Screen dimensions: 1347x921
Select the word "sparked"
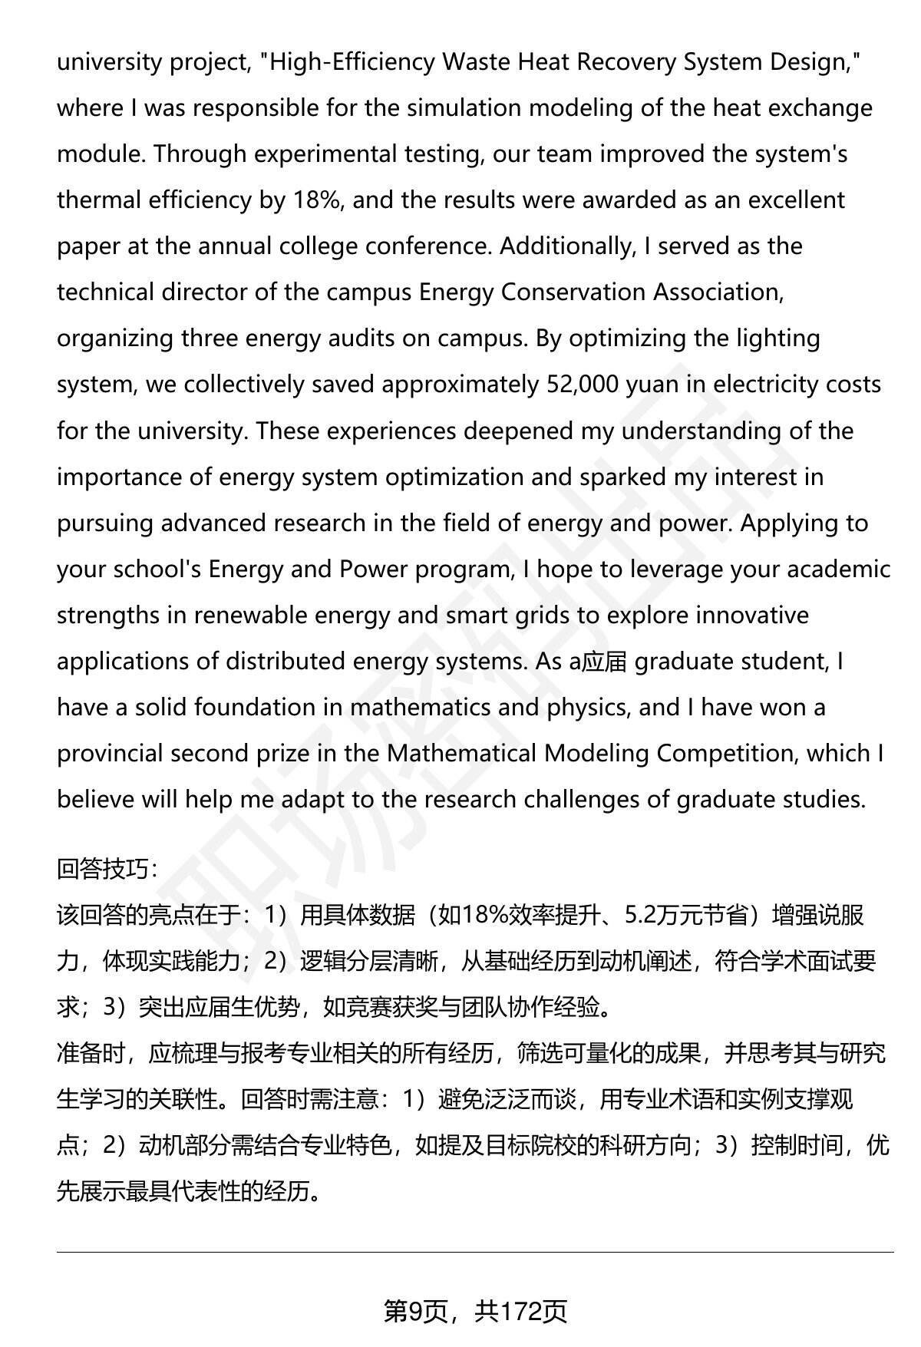coord(622,477)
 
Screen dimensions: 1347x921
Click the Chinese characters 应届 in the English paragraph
coord(606,662)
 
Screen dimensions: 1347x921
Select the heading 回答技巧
coord(106,869)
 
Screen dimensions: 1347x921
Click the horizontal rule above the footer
coord(475,1253)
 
